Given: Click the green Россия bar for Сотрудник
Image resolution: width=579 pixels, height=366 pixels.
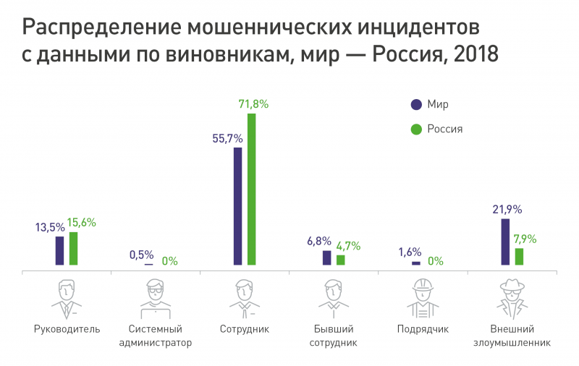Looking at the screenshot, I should point(252,190).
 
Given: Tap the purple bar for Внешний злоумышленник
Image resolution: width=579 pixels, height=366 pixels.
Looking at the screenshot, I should point(505,242).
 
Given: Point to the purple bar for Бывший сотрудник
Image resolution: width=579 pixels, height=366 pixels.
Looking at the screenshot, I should point(327,258).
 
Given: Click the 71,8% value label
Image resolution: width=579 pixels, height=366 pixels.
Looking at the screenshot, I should point(253,104).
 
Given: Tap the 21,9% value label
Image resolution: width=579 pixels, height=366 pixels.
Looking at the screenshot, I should point(507,209).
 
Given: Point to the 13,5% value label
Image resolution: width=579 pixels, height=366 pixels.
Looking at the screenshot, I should point(50,227).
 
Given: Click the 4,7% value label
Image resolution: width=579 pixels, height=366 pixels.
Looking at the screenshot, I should point(348,246).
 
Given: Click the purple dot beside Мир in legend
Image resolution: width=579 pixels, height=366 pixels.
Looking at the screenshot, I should point(415,104).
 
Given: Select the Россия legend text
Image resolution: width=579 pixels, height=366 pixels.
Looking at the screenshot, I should point(445,129).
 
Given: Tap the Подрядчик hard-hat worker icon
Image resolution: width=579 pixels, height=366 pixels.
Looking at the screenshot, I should point(423,298).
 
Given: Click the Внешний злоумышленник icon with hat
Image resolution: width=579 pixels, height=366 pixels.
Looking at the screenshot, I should point(513,298).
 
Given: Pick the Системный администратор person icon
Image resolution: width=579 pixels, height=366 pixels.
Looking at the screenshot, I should point(155,298).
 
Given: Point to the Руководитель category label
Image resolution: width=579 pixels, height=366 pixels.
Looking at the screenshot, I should point(67,329).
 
